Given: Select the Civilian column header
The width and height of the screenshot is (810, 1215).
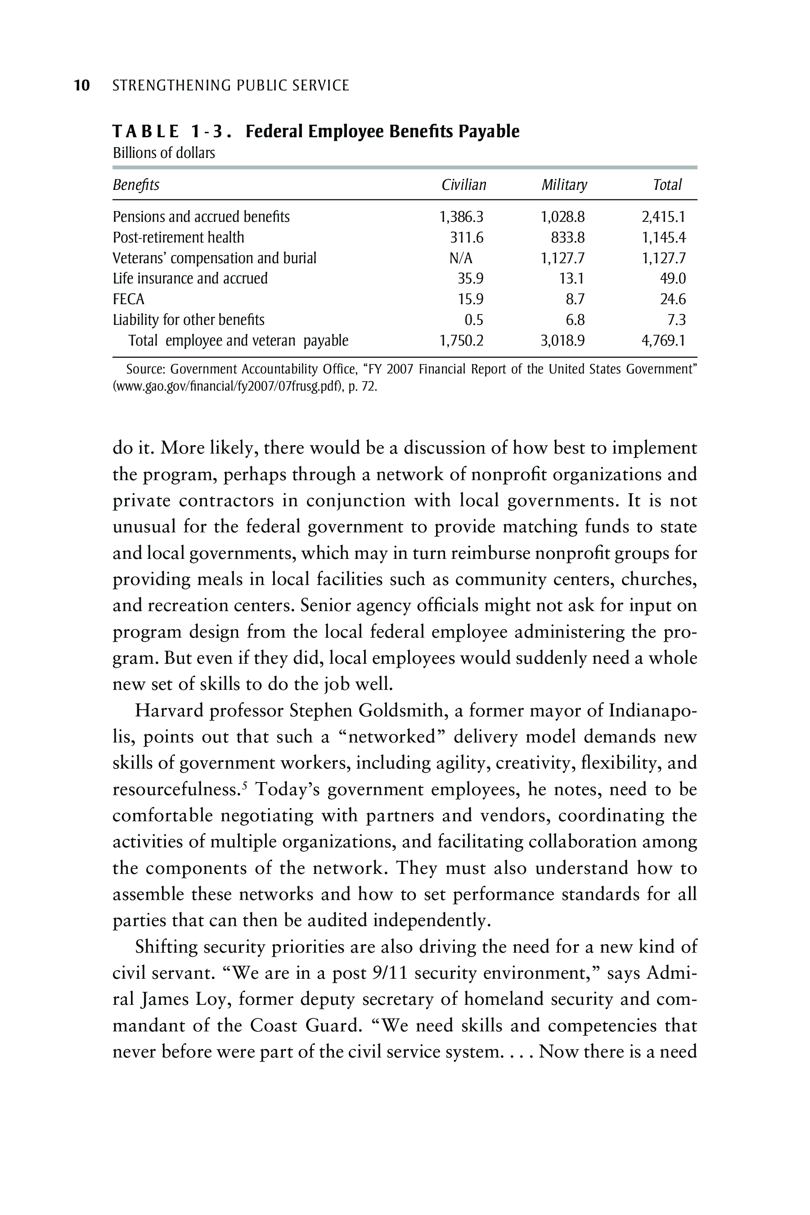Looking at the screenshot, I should coord(463,185).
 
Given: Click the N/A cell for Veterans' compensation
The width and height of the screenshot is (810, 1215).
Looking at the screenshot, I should coord(461,258).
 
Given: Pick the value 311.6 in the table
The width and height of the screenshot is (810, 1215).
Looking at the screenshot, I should coord(467,238).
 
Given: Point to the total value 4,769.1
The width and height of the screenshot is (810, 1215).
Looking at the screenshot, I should coord(663,341).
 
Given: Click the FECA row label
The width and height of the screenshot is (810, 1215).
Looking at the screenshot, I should coord(129,300).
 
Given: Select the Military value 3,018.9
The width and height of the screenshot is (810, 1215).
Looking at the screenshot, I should coord(562,341).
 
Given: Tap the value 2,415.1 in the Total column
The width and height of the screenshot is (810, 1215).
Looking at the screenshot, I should coord(663,217).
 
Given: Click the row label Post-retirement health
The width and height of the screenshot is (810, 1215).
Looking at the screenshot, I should coord(178,238).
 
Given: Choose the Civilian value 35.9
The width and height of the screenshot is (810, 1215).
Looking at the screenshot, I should coord(470,279).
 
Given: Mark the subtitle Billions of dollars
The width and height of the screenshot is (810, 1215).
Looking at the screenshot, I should coord(164,153).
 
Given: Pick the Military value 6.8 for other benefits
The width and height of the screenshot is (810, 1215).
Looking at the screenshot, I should coord(575,320).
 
